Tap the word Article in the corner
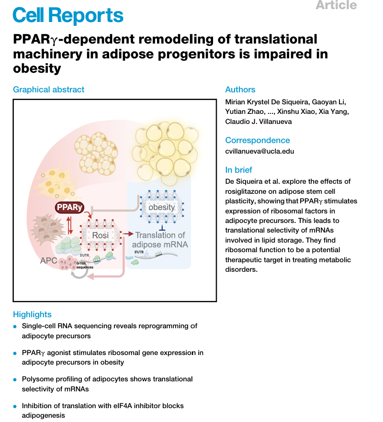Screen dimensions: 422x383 tap(336, 5)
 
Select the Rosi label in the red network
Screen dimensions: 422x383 tap(101, 235)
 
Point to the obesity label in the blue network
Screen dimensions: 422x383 tap(161, 207)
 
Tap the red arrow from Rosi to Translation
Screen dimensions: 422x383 tap(127, 234)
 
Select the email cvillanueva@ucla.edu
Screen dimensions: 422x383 tap(259, 151)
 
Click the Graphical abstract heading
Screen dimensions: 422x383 tap(48, 89)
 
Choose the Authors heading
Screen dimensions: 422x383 tap(240, 89)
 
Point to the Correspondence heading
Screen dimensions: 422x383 tap(257, 140)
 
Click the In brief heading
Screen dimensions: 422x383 tap(238, 170)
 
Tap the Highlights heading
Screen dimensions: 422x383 tap(32, 314)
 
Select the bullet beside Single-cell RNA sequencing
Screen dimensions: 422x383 tap(15, 326)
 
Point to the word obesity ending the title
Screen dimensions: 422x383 tap(37, 68)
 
